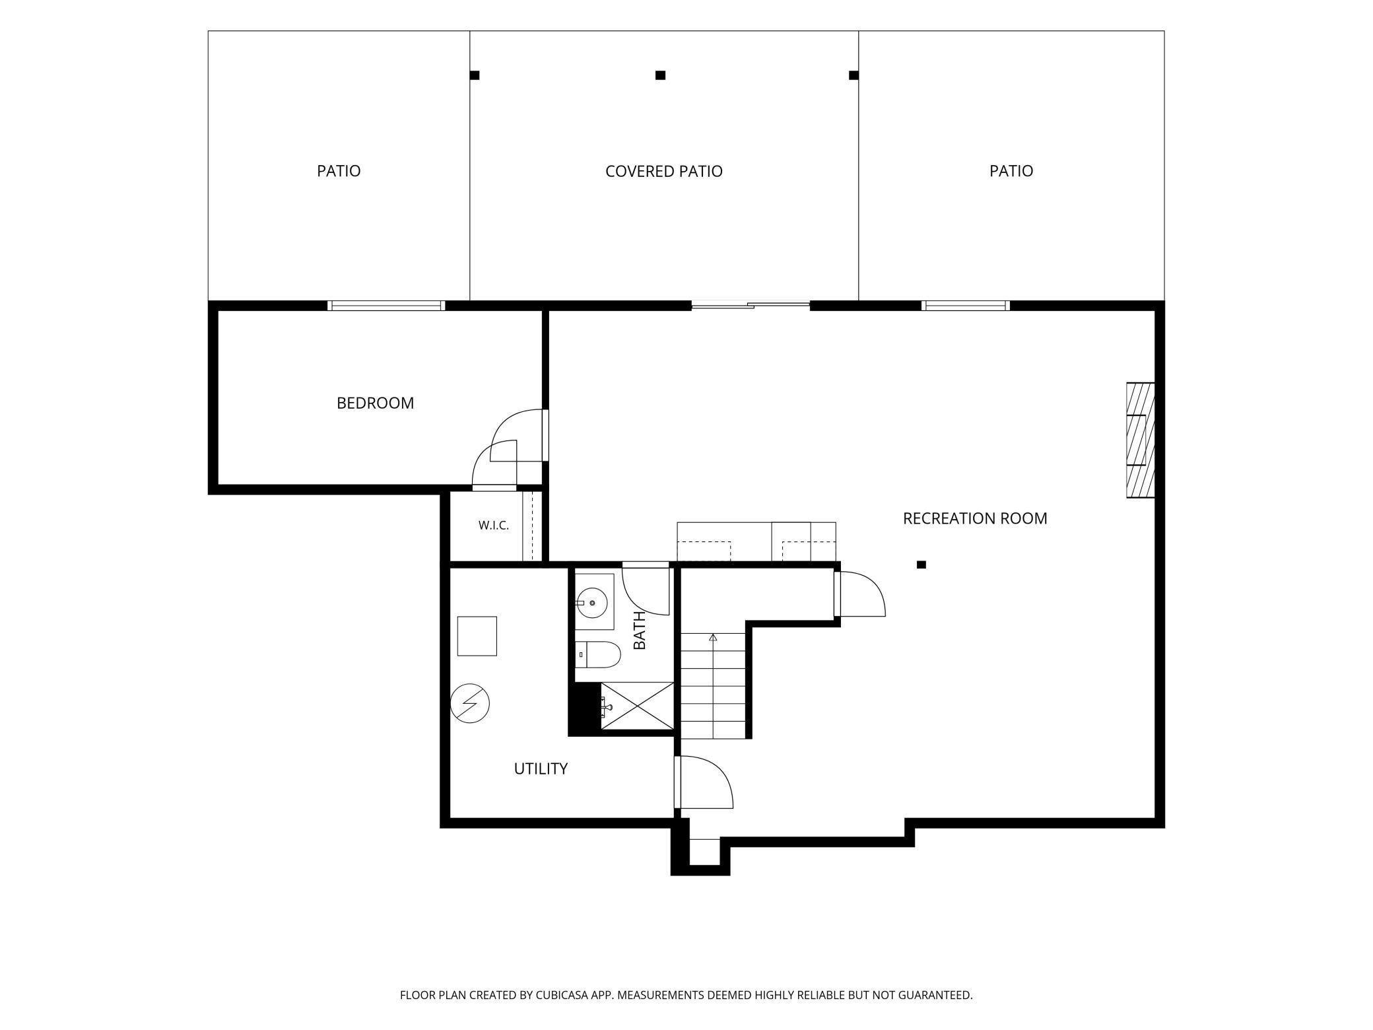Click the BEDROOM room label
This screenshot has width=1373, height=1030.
point(375,403)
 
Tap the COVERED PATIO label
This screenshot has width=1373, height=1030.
point(663,171)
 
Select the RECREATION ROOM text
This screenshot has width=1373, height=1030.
point(975,518)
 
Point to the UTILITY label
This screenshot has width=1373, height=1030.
point(541,769)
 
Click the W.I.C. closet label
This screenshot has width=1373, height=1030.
point(494,526)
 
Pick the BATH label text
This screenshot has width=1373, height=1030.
point(639,630)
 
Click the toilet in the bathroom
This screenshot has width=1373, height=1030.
point(598,654)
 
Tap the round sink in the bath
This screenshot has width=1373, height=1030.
point(592,602)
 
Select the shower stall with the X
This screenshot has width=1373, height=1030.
point(637,706)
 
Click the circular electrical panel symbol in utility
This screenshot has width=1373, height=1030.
point(470,703)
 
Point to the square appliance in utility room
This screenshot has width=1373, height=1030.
point(477,636)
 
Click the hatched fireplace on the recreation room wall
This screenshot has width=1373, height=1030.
point(1140,440)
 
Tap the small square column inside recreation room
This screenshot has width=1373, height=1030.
point(921,565)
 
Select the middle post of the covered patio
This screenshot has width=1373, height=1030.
point(660,75)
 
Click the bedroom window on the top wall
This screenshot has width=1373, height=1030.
point(386,305)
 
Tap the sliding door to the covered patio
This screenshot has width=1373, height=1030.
point(751,305)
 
